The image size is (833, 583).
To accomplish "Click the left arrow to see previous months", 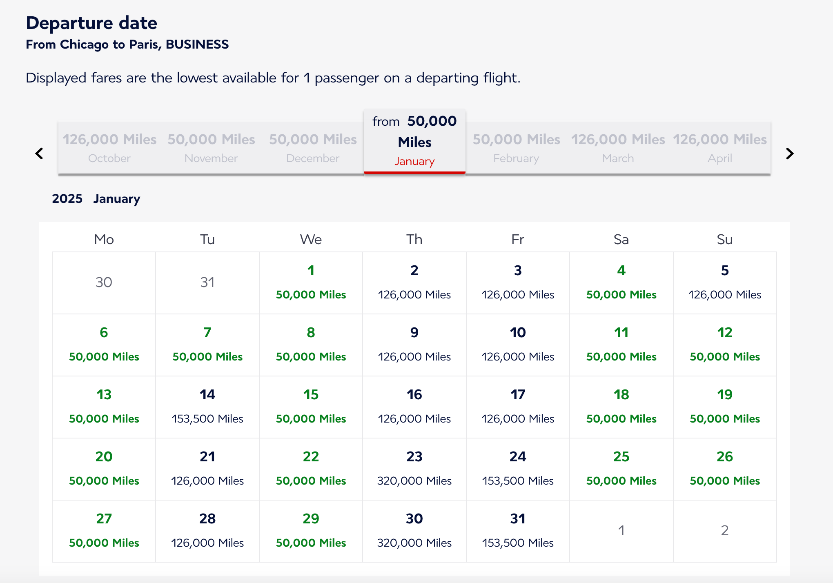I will tap(39, 154).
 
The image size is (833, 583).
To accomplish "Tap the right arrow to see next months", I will tap(790, 154).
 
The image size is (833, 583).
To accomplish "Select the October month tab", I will tap(109, 148).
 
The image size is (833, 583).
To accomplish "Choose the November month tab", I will tap(211, 148).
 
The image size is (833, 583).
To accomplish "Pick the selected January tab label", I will tap(414, 161).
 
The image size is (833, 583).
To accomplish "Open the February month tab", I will tap(516, 148).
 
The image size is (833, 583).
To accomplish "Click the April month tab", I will tap(720, 148).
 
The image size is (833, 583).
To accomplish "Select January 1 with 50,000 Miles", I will tap(311, 283).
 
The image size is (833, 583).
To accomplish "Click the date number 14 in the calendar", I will tap(207, 394).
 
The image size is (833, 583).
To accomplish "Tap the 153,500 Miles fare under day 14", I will tap(207, 419).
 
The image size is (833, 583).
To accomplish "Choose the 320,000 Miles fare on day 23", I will tap(414, 481).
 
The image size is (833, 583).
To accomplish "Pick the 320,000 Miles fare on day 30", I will tap(414, 543).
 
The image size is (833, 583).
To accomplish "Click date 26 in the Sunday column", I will tap(725, 456).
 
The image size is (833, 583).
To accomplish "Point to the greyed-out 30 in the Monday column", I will tap(104, 282).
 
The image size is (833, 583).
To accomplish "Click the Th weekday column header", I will tap(414, 239).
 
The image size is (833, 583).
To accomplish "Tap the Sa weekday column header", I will tap(621, 239).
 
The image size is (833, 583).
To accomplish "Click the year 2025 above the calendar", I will tap(67, 199).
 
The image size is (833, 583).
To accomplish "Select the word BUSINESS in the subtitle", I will tap(197, 44).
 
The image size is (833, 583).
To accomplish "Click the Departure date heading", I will tap(91, 23).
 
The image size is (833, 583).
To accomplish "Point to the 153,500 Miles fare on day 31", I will tap(518, 543).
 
